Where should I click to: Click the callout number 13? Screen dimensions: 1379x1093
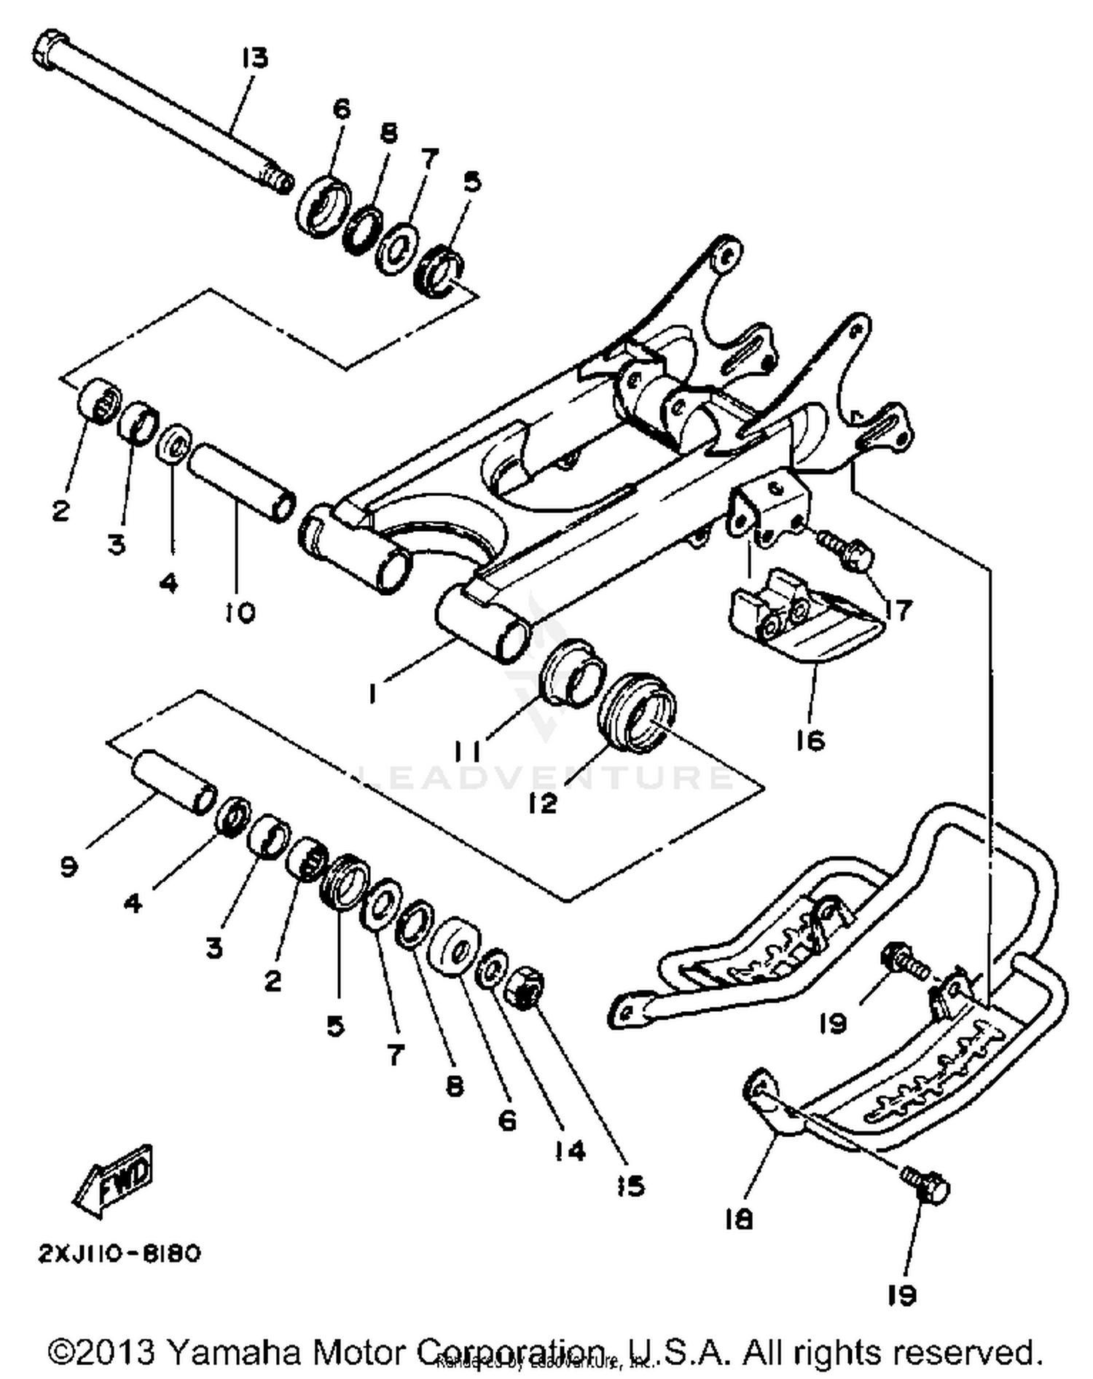[x=255, y=58]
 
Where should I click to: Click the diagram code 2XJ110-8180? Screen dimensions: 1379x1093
[x=119, y=1254]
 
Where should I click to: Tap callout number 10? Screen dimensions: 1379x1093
[x=239, y=613]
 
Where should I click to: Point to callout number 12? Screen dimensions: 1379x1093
[x=543, y=802]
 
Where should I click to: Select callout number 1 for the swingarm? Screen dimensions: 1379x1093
[x=373, y=694]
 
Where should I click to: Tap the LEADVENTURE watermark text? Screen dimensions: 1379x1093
[x=543, y=777]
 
